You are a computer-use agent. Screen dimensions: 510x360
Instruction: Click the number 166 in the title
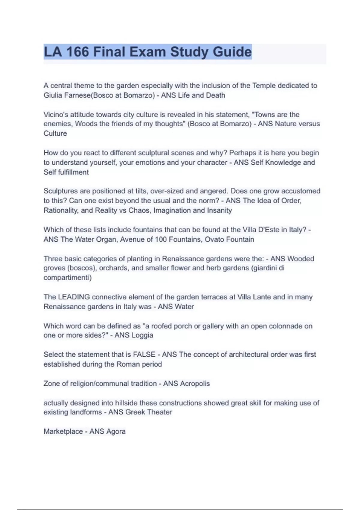click(x=77, y=52)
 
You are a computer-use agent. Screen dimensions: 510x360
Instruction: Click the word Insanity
click(x=219, y=210)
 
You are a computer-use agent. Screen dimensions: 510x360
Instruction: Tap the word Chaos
click(x=139, y=210)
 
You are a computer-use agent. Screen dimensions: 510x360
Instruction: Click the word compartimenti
click(x=67, y=277)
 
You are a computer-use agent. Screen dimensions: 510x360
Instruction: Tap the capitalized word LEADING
click(x=74, y=297)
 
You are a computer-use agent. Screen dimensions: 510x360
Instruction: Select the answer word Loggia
click(x=142, y=335)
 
